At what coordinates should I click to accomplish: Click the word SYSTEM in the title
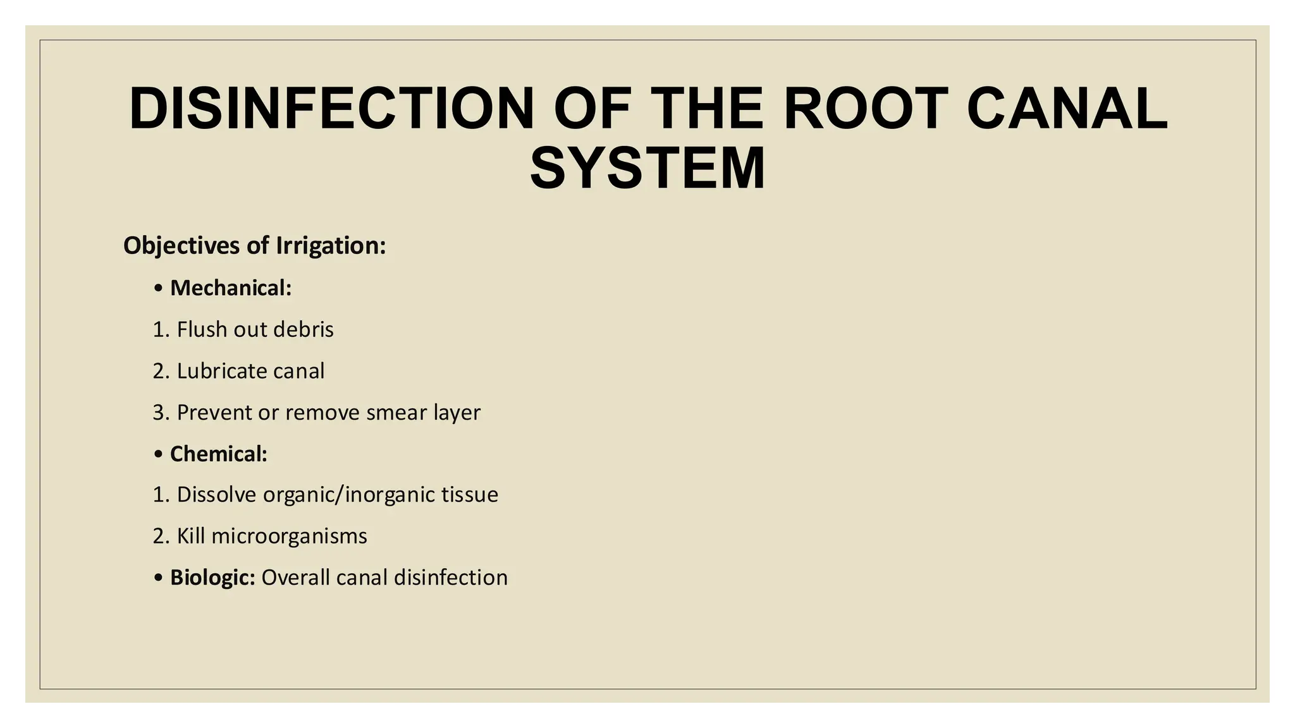[647, 168]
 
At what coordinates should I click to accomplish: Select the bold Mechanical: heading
[231, 288]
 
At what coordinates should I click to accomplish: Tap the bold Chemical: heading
[219, 454]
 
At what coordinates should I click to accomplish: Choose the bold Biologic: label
[212, 578]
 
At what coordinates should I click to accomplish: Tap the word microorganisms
[289, 536]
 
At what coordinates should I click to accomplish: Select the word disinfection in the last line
[450, 578]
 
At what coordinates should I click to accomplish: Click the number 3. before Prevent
[161, 413]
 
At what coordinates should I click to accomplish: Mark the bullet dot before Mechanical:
[158, 289]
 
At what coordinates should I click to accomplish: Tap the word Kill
[191, 536]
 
